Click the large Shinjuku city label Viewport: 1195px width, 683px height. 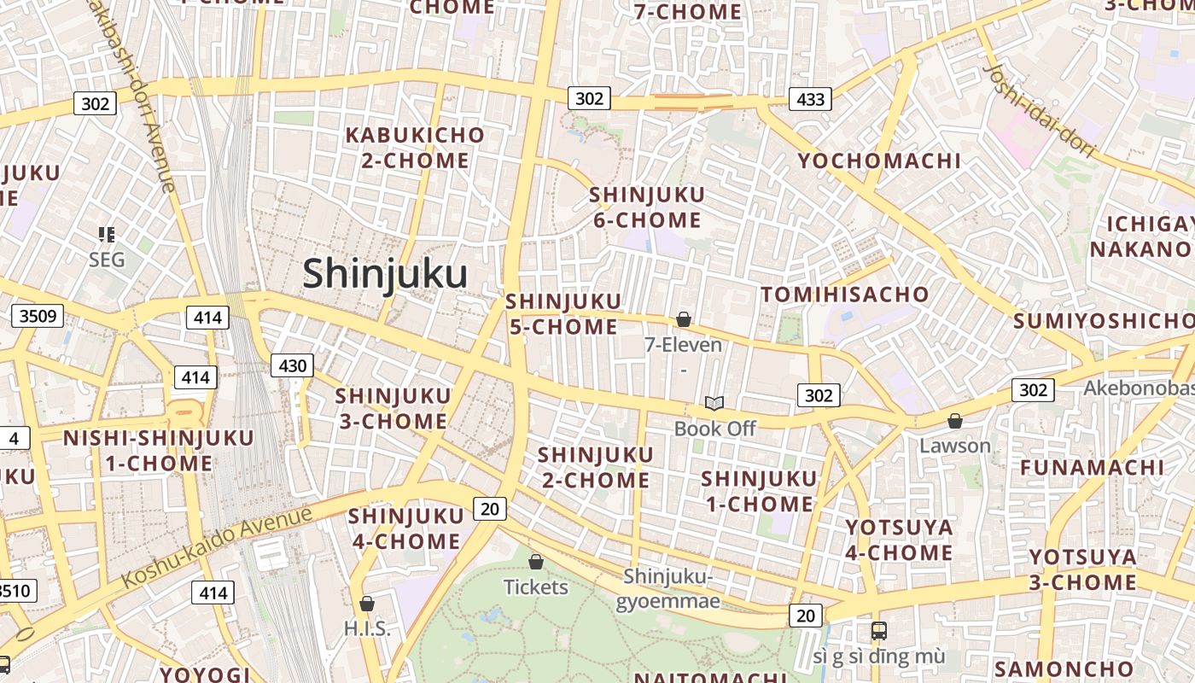pyautogui.click(x=385, y=274)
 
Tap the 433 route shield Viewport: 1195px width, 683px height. pyautogui.click(x=809, y=99)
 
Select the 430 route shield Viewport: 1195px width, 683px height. pyautogui.click(x=293, y=365)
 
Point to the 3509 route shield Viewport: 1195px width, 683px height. pyautogui.click(x=38, y=316)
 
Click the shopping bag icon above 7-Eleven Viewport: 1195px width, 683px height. pyautogui.click(x=683, y=320)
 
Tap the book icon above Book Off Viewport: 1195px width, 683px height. pyautogui.click(x=714, y=403)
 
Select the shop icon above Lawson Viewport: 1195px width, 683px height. pyautogui.click(x=955, y=421)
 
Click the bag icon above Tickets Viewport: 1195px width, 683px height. pyautogui.click(x=536, y=562)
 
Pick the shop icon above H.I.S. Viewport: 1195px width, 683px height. pyautogui.click(x=367, y=604)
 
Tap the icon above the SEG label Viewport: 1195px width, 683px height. pyautogui.click(x=107, y=234)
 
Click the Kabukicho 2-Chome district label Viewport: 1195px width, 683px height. pyautogui.click(x=415, y=148)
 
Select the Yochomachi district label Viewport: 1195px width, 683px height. pyautogui.click(x=879, y=161)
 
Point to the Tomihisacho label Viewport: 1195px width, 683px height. pyautogui.click(x=844, y=295)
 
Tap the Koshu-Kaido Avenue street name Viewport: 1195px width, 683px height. pyautogui.click(x=217, y=546)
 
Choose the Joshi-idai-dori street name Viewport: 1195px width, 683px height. pyautogui.click(x=1039, y=111)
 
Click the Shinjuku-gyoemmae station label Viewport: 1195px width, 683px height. pyautogui.click(x=667, y=588)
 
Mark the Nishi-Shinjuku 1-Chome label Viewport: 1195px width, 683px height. pyautogui.click(x=159, y=451)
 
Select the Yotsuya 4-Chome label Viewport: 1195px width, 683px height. pyautogui.click(x=899, y=540)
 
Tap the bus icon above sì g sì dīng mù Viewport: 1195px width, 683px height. pyautogui.click(x=878, y=631)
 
